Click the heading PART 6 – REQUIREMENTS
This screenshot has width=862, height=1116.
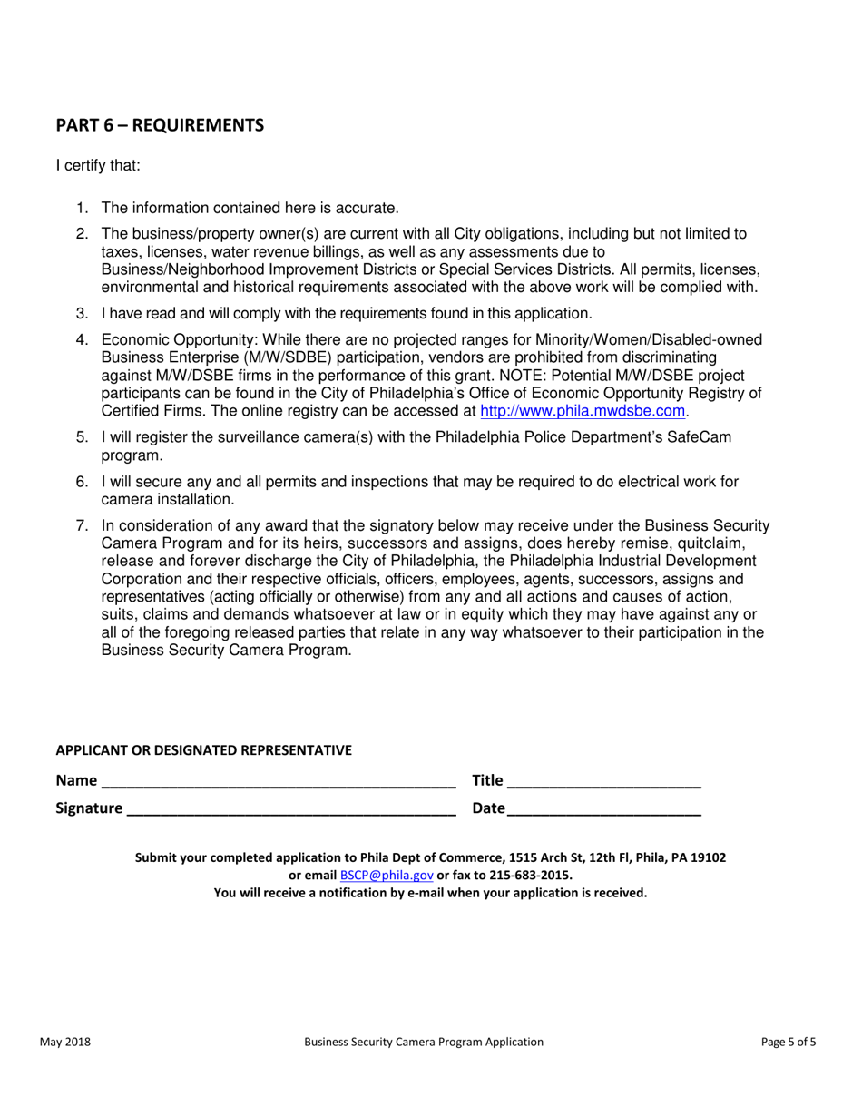pyautogui.click(x=160, y=125)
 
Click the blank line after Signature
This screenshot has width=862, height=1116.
pyautogui.click(x=291, y=810)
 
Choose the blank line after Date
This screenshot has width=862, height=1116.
pyautogui.click(x=604, y=810)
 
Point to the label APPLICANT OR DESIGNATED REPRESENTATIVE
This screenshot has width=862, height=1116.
pyautogui.click(x=203, y=750)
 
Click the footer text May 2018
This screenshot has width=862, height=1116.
pyautogui.click(x=64, y=1043)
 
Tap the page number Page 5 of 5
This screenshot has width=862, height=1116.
pyautogui.click(x=789, y=1043)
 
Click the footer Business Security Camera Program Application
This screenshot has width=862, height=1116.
pyautogui.click(x=424, y=1043)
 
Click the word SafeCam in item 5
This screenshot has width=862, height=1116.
pyautogui.click(x=703, y=437)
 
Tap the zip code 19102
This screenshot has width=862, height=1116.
pyautogui.click(x=708, y=857)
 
